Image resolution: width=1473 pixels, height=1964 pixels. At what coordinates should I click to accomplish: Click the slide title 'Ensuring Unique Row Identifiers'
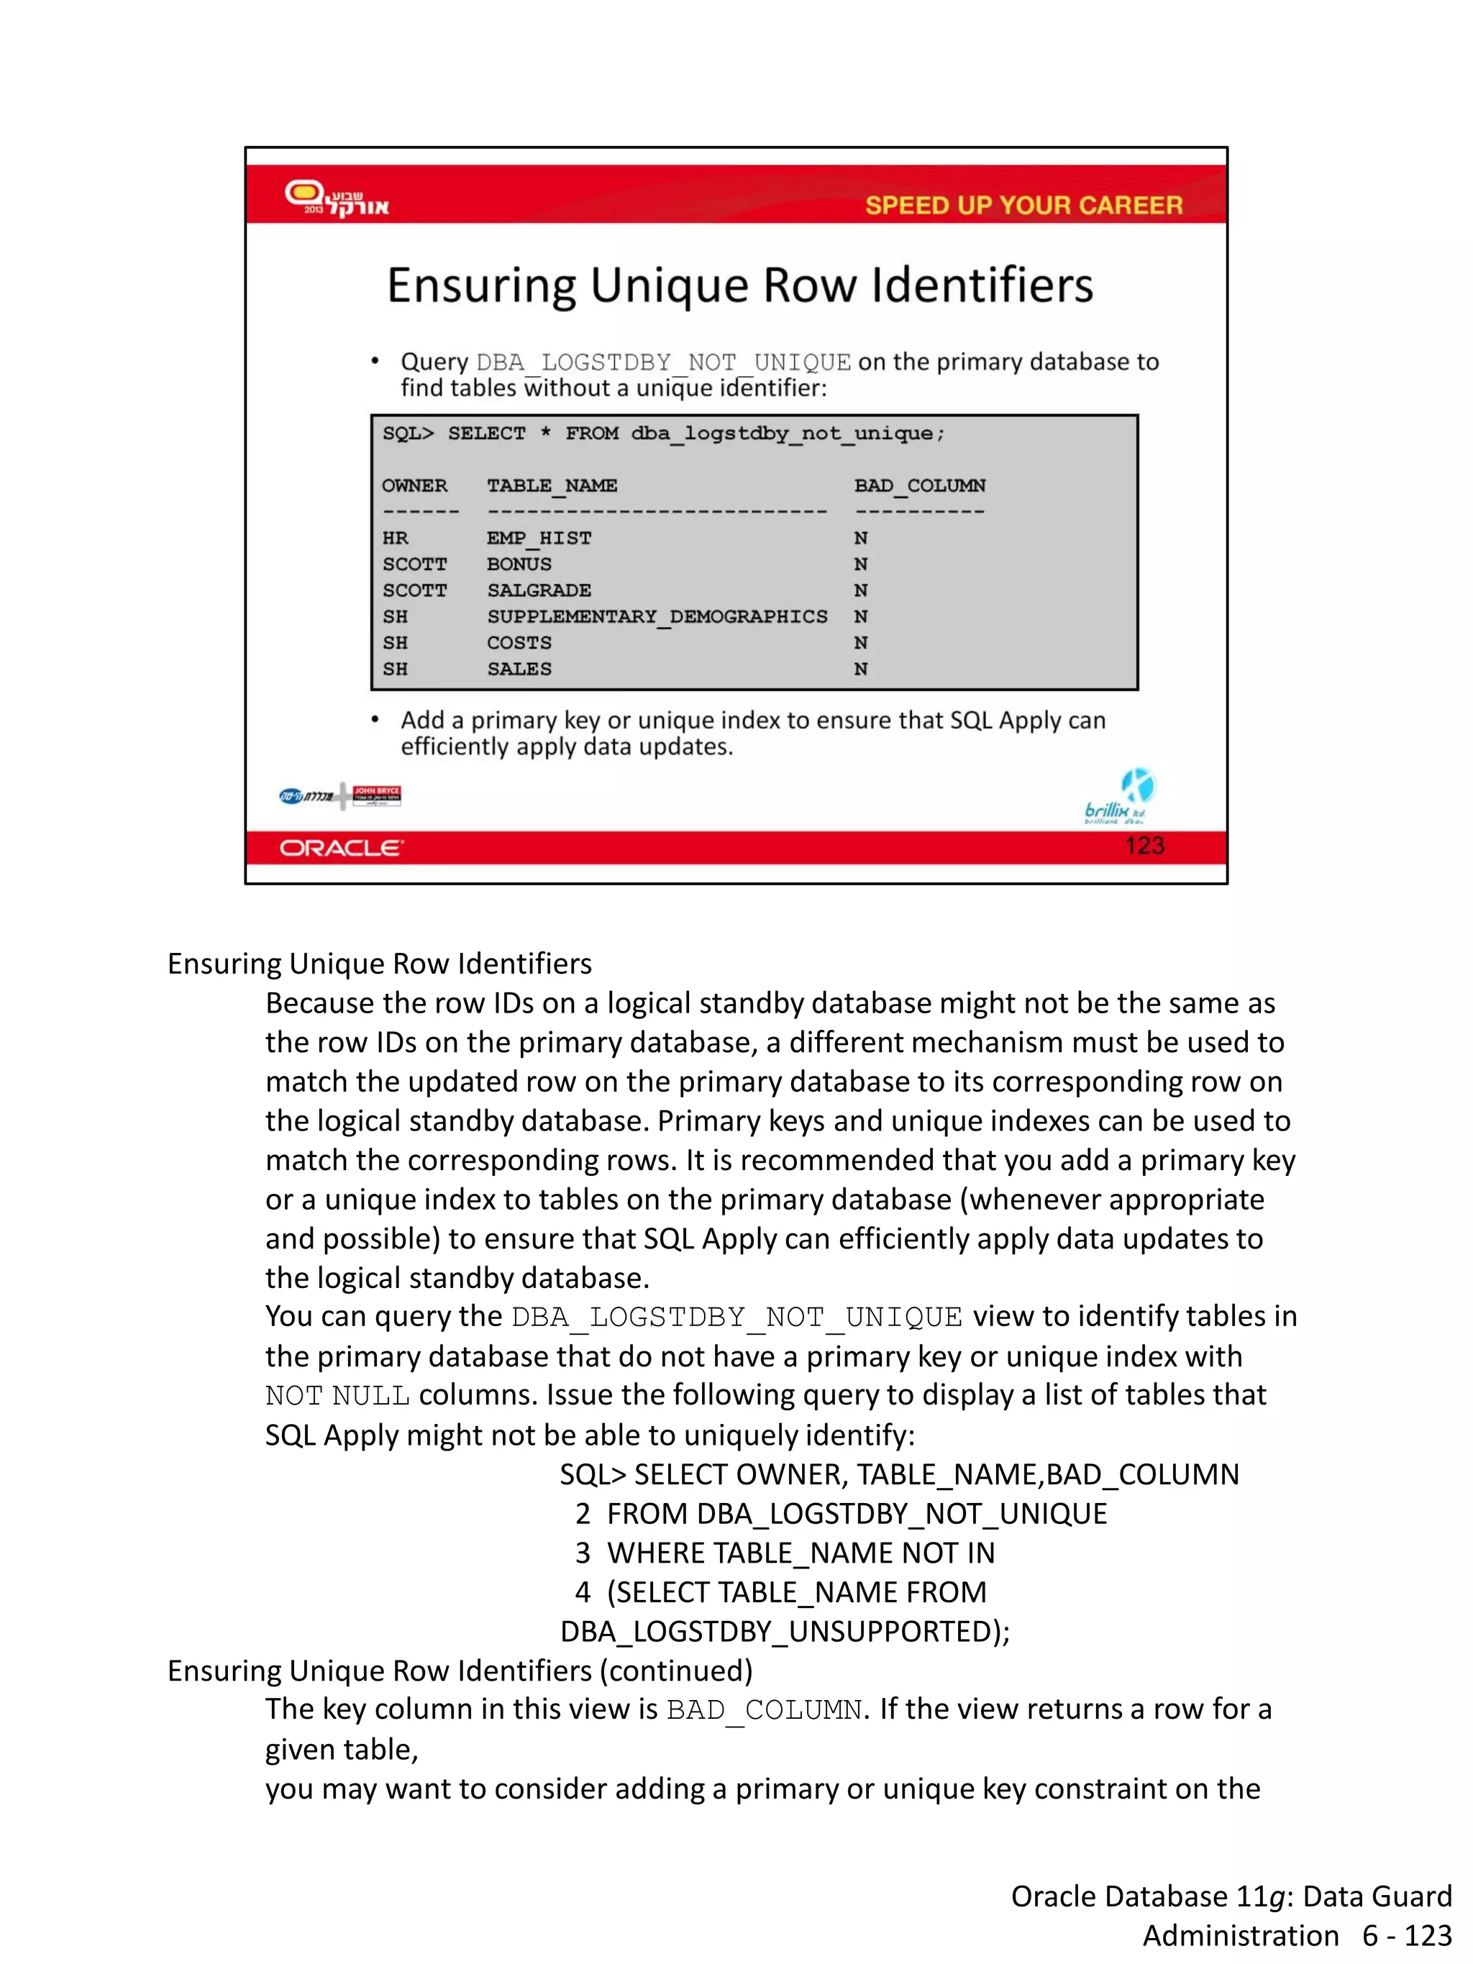coord(739,286)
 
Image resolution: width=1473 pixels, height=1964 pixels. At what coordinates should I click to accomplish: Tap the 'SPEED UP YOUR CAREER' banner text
coord(1023,205)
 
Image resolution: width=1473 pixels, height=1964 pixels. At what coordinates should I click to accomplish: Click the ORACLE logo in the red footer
coord(341,848)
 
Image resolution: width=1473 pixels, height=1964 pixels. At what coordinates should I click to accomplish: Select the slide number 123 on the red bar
coord(1144,845)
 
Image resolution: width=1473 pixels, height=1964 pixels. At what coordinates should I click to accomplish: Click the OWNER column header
coord(415,485)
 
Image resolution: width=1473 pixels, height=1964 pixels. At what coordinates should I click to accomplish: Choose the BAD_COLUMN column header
coord(919,485)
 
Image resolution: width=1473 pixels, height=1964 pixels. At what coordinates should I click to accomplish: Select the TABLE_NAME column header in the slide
coord(552,485)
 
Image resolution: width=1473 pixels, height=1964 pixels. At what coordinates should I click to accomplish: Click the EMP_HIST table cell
coord(538,538)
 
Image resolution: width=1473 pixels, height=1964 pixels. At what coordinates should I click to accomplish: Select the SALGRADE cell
coord(538,590)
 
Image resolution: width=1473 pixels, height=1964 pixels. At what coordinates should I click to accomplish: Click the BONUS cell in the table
coord(519,564)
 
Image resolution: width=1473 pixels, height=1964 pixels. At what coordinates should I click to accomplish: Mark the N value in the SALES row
coord(860,669)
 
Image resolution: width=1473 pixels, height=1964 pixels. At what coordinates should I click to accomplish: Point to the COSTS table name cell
coord(519,643)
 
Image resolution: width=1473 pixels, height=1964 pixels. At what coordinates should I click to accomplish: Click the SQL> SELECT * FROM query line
coord(663,433)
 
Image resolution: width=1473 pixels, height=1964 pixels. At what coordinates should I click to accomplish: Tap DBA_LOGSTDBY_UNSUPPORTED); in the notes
coord(785,1631)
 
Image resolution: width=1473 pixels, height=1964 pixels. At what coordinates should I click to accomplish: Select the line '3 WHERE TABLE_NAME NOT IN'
coord(785,1553)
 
